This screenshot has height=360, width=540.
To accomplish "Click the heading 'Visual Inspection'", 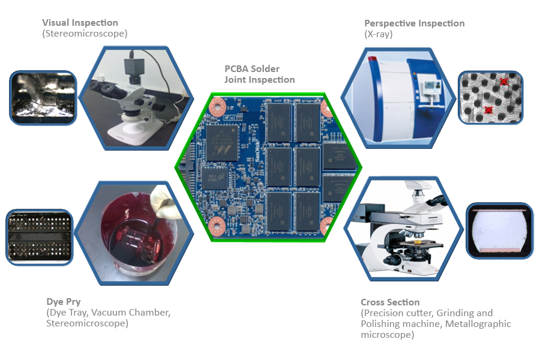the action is coord(80,23).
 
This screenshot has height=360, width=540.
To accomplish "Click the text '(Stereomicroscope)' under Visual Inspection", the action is coord(85,34).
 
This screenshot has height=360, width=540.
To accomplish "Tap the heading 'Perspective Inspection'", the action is coord(414,23).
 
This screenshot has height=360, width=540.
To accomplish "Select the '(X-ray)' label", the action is coord(379,34).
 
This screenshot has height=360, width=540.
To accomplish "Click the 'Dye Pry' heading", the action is coord(64,302).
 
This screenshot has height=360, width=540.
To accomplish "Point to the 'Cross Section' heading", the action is coord(390,302).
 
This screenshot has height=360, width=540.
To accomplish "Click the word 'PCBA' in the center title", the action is coord(238,69).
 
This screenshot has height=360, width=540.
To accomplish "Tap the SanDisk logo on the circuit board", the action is coord(257,151).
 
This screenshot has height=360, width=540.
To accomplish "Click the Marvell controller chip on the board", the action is coord(222,143).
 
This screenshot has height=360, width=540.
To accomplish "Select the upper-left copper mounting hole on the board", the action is coord(217,107).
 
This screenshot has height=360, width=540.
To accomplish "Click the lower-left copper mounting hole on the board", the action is coord(217,226).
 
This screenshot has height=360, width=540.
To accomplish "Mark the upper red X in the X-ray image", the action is coord(504,82).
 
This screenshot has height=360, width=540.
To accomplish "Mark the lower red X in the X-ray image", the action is coord(488,110).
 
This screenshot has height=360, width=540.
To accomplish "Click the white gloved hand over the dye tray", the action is coord(164,203).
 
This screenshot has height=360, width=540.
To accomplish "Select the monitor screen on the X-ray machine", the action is coord(430,86).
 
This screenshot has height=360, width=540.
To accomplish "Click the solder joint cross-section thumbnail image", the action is coord(499,230).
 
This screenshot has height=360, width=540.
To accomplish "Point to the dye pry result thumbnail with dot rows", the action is coord(40,238).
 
